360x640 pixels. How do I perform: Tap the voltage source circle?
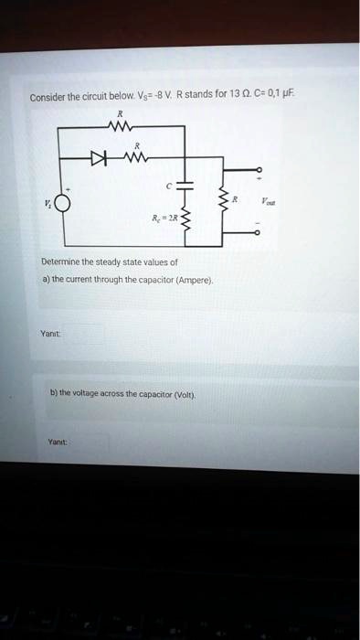click(61, 204)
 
